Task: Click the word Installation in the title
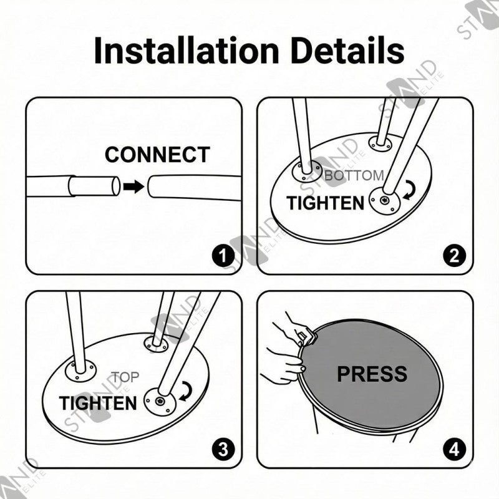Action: [x=187, y=51]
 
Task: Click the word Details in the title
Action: [x=347, y=51]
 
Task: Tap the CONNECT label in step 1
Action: [x=157, y=155]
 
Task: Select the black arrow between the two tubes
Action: [x=133, y=187]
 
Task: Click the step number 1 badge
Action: [x=223, y=256]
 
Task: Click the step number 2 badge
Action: [x=455, y=256]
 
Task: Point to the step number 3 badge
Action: [x=223, y=449]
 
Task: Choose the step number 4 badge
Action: [x=455, y=449]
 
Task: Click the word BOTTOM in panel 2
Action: [x=354, y=175]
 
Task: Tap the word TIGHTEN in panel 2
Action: [x=325, y=203]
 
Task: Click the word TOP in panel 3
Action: [x=125, y=377]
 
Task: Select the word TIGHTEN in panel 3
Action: [x=98, y=403]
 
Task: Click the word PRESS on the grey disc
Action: [x=372, y=374]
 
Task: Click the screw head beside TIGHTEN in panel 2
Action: [x=385, y=200]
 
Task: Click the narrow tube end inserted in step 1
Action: [x=94, y=186]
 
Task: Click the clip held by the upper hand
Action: [x=307, y=337]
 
